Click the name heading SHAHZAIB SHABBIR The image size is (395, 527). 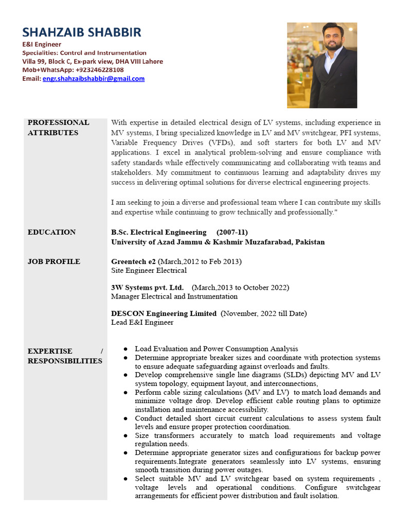click(x=81, y=32)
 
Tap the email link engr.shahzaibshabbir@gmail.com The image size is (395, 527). click(x=94, y=79)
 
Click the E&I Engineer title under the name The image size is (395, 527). click(x=42, y=45)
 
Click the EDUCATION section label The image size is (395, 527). click(x=51, y=232)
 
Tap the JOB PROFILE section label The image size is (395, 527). click(x=53, y=261)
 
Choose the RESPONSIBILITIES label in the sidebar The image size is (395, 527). click(x=65, y=361)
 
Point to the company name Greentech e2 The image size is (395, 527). click(x=133, y=261)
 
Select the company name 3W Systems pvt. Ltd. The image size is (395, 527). click(x=147, y=287)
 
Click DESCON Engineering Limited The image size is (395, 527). click(x=164, y=313)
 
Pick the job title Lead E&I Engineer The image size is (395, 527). click(x=142, y=322)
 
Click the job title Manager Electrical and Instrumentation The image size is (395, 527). click(x=174, y=296)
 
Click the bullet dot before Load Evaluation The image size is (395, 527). click(x=126, y=349)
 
